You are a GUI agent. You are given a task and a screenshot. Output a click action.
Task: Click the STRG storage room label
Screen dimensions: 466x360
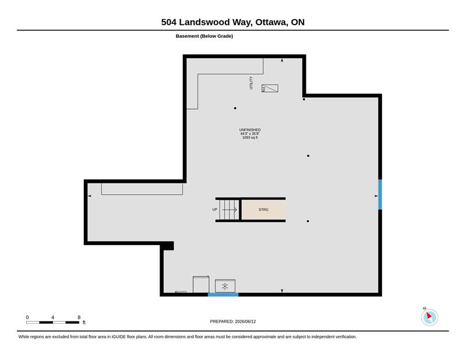tap(263, 210)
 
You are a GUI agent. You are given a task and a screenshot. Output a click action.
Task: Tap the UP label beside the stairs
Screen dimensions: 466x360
tap(214, 210)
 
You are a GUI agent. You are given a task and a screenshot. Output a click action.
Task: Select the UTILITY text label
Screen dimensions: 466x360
tap(251, 83)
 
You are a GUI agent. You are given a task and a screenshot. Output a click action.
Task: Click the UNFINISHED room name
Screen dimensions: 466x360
tap(250, 130)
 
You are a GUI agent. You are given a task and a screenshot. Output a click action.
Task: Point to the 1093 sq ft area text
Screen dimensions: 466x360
tap(250, 137)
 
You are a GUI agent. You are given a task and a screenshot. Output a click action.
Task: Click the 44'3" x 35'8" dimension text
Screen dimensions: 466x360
tap(250, 134)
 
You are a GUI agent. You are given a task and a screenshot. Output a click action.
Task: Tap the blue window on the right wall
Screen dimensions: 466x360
tap(380, 195)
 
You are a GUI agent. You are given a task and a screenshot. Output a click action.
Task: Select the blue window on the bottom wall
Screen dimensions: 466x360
tap(223, 295)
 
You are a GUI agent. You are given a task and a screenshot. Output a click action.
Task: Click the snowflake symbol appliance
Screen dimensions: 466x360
tap(225, 286)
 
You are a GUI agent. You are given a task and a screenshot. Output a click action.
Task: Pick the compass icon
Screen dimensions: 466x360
tap(429, 317)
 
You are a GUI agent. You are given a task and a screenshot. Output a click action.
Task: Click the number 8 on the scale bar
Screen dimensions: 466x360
tap(79, 317)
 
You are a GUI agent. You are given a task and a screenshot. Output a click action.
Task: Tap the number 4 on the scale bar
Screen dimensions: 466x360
tap(52, 317)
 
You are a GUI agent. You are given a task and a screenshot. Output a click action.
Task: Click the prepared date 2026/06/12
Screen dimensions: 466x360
tap(245, 322)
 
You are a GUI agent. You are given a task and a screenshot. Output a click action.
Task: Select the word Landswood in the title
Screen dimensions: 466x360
tap(204, 22)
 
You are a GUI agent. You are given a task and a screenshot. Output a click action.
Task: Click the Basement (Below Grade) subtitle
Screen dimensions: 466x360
tap(204, 36)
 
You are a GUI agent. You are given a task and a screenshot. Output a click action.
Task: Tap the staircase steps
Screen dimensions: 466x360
tap(230, 210)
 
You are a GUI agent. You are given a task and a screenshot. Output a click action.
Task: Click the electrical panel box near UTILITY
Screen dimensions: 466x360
tap(270, 89)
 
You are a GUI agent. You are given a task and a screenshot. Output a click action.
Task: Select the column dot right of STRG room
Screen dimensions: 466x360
tap(308, 221)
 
